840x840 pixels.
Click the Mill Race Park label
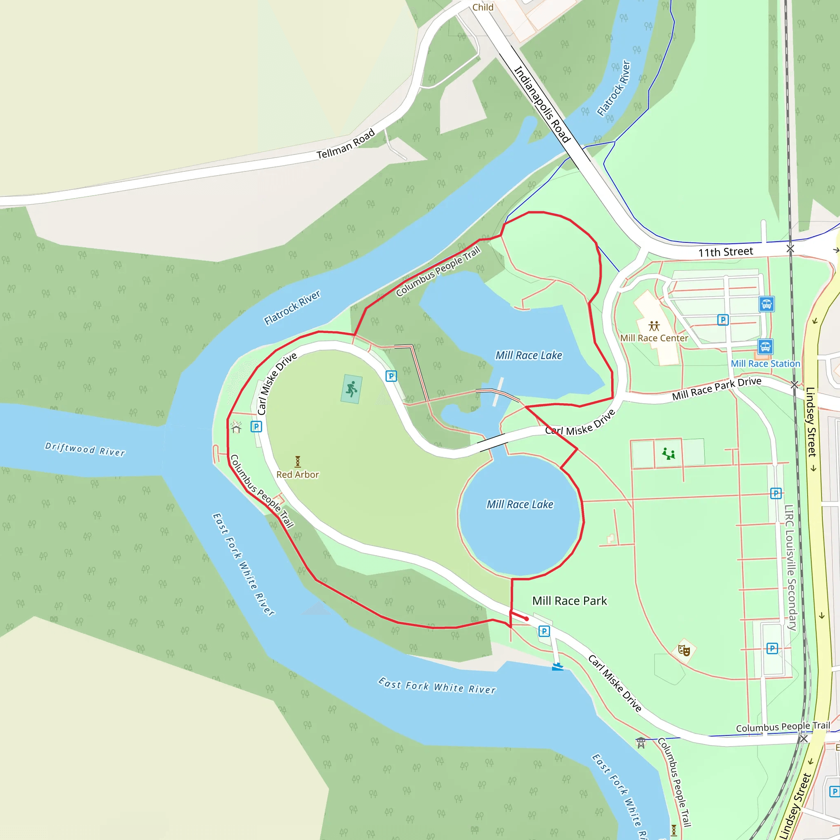click(x=569, y=601)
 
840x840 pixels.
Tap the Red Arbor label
click(x=297, y=475)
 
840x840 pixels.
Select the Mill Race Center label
click(x=654, y=338)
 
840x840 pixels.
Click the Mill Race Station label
click(x=765, y=363)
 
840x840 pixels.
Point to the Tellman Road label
click(x=346, y=144)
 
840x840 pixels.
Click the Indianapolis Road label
click(x=542, y=104)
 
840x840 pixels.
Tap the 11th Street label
click(x=725, y=252)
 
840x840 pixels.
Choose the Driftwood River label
click(x=85, y=449)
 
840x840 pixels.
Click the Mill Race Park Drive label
click(x=717, y=388)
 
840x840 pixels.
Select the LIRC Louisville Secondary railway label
click(x=790, y=567)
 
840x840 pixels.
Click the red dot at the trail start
click(x=527, y=619)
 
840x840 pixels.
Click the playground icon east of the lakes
click(x=668, y=454)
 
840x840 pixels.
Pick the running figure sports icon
click(x=352, y=389)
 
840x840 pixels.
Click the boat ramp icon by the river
click(x=557, y=666)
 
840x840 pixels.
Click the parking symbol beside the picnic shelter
click(x=256, y=427)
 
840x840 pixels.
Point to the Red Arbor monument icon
click(x=297, y=461)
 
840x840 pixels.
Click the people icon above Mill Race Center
click(x=654, y=326)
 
